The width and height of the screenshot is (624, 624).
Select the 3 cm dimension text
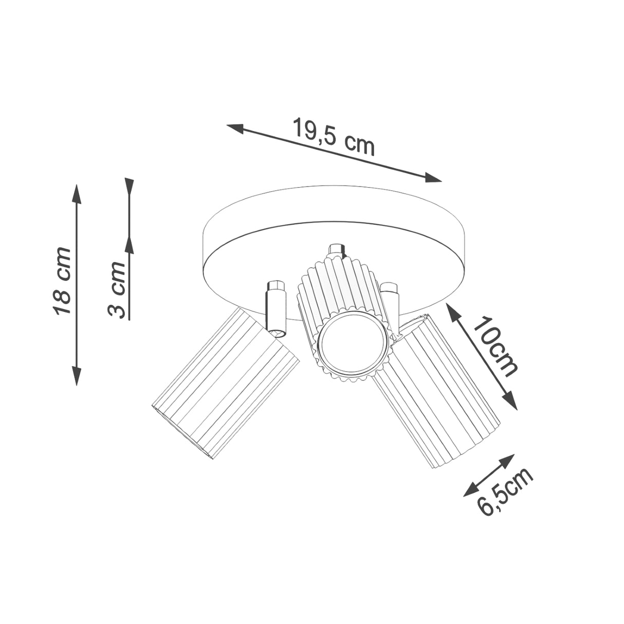[x=117, y=289]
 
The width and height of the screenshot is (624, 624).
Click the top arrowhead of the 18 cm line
[x=77, y=194]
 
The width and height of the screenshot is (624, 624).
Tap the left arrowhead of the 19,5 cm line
[x=235, y=128]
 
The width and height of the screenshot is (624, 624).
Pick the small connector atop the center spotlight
[x=337, y=250]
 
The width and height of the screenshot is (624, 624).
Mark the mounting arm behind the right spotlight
[x=392, y=303]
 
